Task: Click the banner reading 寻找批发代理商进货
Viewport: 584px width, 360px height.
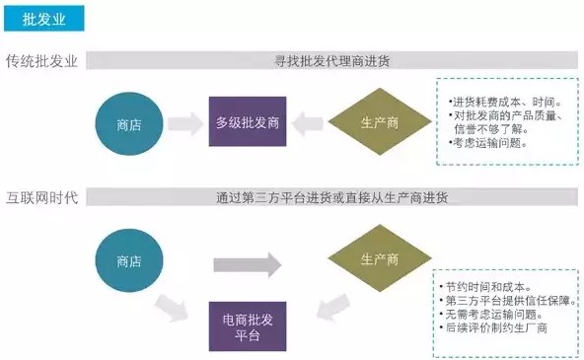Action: tap(331, 61)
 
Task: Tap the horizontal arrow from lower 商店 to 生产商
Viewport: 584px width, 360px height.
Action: tap(248, 262)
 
